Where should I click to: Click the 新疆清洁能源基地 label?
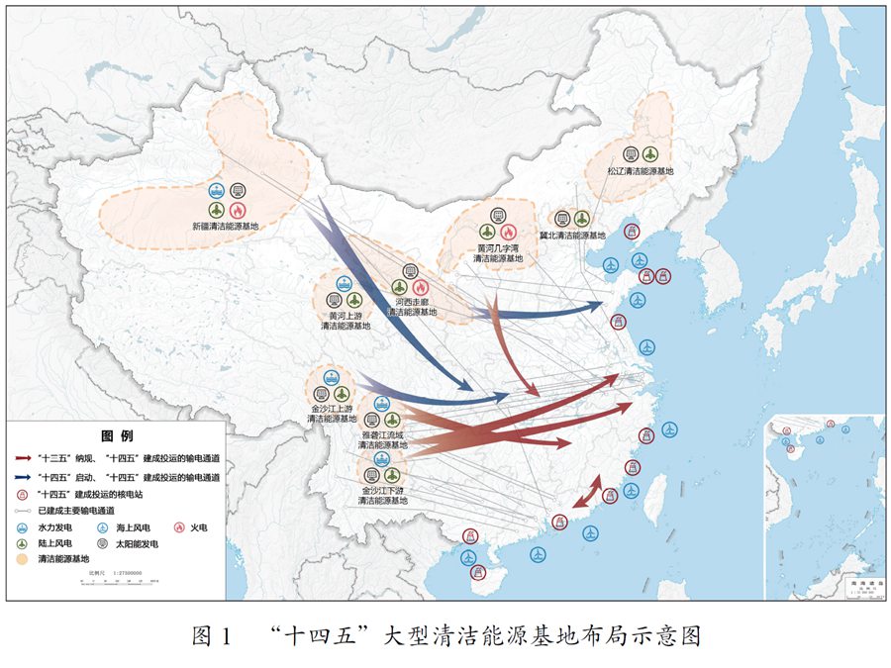(226, 227)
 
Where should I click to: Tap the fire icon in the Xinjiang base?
(238, 210)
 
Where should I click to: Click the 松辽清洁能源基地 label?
(642, 171)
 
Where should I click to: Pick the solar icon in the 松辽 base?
(631, 153)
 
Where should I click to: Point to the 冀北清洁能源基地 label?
(572, 236)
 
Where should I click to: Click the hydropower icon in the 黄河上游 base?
(345, 283)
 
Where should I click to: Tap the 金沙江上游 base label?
(331, 414)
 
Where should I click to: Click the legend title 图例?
(116, 435)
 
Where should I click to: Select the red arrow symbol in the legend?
(23, 459)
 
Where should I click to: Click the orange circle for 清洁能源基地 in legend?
(22, 559)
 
